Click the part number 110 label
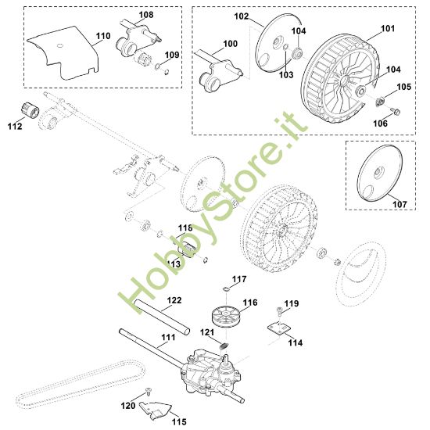(103, 36)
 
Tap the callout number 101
(388, 28)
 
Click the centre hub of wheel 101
(344, 80)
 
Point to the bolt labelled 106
(396, 111)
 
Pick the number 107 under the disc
(400, 204)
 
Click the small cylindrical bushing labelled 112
(30, 110)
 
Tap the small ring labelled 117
(226, 288)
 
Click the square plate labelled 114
(279, 328)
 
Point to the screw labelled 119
(279, 310)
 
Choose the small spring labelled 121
(224, 346)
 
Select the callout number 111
(168, 337)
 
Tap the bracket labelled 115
(155, 410)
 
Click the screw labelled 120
(149, 391)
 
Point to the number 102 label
(242, 16)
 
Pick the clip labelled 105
(380, 102)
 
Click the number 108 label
(146, 15)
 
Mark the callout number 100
(231, 44)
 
